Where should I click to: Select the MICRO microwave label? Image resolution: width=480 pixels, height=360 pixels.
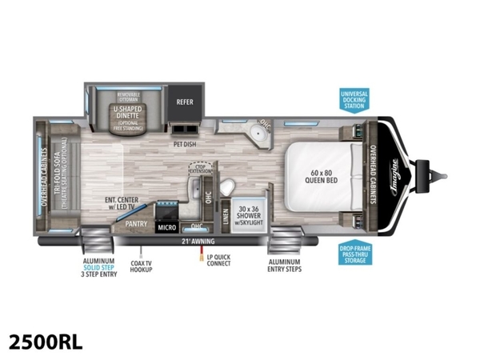pyautogui.click(x=166, y=228)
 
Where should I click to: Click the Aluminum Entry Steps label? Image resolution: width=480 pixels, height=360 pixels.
pyautogui.click(x=285, y=266)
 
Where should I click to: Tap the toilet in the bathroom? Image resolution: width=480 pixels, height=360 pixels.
pyautogui.click(x=226, y=186)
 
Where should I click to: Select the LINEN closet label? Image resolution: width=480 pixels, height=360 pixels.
pyautogui.click(x=226, y=214)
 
